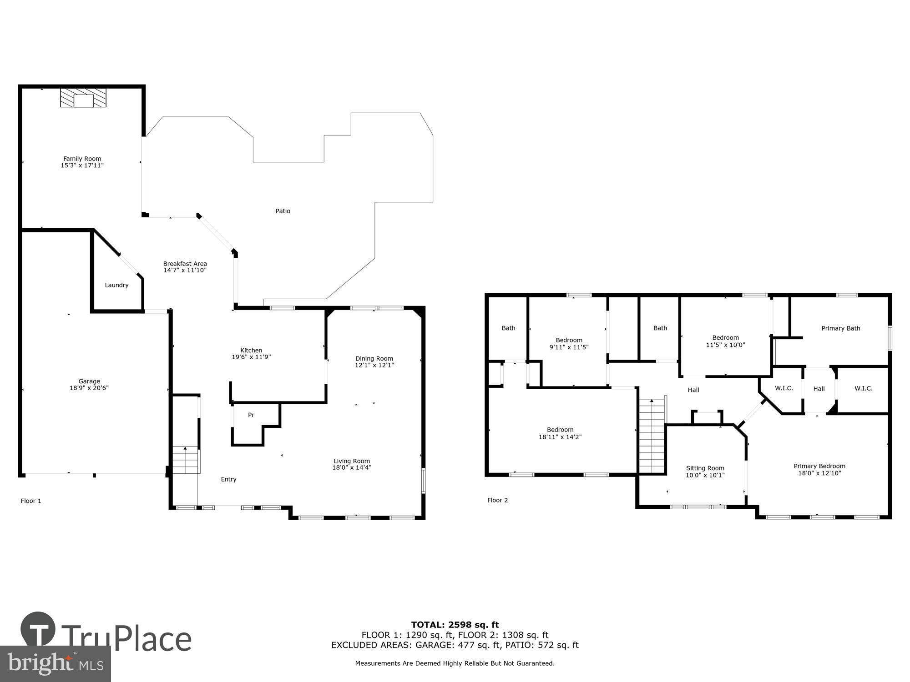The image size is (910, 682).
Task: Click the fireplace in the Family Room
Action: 83,98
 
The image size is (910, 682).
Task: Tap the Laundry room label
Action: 116,285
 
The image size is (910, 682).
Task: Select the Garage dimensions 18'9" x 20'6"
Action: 89,388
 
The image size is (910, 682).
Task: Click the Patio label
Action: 283,211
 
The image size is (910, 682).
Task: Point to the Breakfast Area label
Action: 185,264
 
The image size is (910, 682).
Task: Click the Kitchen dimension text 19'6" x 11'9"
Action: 251,357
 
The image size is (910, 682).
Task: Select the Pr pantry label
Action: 251,415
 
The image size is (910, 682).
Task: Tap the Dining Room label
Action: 374,359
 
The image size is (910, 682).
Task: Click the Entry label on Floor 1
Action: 228,479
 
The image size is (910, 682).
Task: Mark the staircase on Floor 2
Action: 652,436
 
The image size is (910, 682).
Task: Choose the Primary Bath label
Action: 840,328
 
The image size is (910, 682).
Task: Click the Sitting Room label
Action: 705,468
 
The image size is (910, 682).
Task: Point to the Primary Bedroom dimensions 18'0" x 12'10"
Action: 819,473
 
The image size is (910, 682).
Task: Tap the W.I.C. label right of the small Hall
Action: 863,388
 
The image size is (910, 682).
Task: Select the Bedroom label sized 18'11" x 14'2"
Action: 560,430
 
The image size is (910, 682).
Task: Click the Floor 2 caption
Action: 497,500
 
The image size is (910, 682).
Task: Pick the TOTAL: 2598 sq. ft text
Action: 455,625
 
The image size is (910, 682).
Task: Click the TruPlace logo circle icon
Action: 38,630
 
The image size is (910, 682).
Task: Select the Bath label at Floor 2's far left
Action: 508,328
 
